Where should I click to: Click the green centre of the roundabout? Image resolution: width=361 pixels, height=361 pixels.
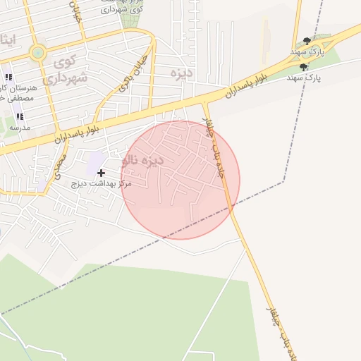pos(37,52)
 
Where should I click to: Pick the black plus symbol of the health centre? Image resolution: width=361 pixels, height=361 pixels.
pos(102,172)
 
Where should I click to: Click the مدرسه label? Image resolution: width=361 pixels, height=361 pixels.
pos(19,128)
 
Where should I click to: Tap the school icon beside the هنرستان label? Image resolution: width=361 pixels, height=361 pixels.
pos(8,77)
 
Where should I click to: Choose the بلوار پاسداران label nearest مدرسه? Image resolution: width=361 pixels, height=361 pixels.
pos(78,131)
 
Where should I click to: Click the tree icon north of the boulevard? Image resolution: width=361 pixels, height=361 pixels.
pos(306,41)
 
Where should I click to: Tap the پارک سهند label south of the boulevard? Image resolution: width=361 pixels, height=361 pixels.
pos(305,78)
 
